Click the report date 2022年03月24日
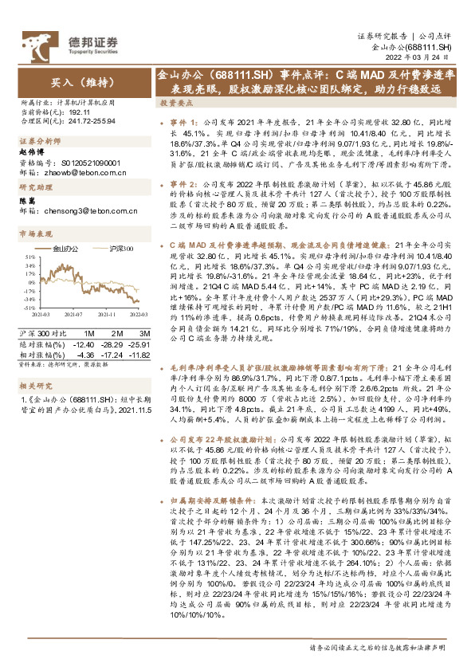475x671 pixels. click(x=422, y=59)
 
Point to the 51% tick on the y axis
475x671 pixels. click(x=29, y=257)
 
